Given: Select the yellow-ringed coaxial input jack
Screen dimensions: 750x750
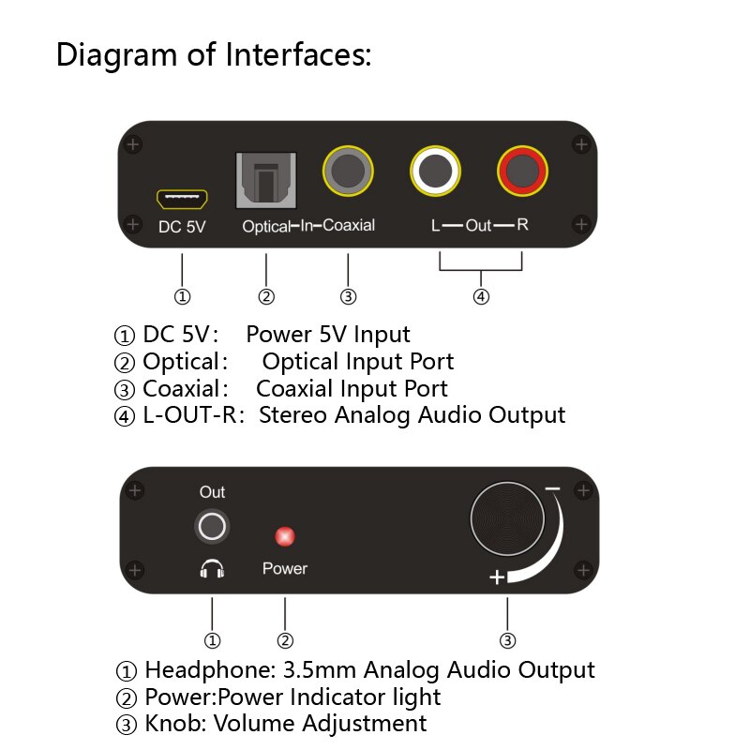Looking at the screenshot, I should [x=349, y=171].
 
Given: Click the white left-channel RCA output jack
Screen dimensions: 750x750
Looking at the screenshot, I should [x=436, y=171].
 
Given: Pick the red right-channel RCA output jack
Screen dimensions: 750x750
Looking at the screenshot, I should [x=522, y=171].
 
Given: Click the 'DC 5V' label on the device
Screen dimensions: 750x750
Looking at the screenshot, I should [x=182, y=226].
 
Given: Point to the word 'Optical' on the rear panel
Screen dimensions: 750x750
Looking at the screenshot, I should [x=265, y=226].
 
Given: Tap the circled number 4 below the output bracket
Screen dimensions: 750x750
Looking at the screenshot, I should [x=481, y=296].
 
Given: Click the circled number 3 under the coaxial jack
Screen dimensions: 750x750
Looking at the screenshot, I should [x=349, y=296].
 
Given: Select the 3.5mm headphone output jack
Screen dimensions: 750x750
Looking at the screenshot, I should [x=213, y=526].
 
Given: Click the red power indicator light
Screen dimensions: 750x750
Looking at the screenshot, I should [x=284, y=537].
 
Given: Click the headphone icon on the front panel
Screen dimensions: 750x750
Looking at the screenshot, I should [x=213, y=568].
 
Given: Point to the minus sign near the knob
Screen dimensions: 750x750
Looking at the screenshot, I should [x=552, y=489].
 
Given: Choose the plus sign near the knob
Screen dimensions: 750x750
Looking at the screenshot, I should [x=498, y=577].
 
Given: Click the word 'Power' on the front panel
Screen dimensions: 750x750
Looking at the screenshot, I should [x=284, y=568].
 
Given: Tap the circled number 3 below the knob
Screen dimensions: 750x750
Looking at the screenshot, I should [x=507, y=641].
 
